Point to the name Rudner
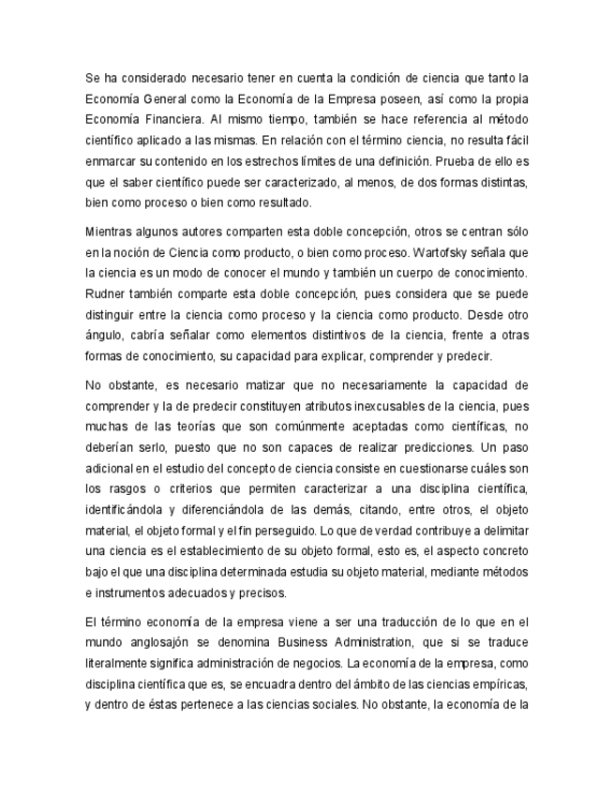point(106,292)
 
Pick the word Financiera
point(172,119)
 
